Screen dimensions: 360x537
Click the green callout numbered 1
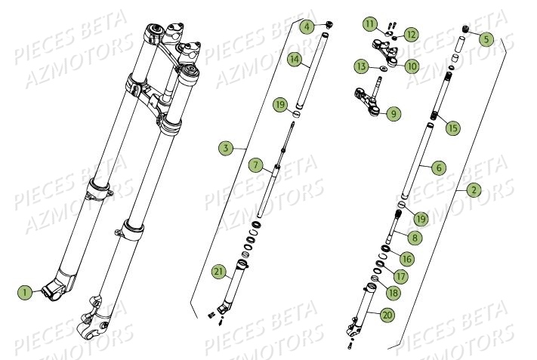tap(24, 291)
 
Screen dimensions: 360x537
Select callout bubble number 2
tap(474, 190)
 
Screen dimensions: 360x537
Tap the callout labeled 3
tap(226, 148)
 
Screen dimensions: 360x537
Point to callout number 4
tap(306, 27)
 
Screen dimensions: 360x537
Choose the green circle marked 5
tap(486, 38)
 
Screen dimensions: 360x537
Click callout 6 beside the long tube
tap(438, 168)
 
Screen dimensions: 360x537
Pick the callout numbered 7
tap(255, 165)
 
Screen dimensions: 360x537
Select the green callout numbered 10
tap(412, 66)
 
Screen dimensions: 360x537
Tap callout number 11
tap(369, 24)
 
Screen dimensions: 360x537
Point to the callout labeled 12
tap(410, 35)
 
